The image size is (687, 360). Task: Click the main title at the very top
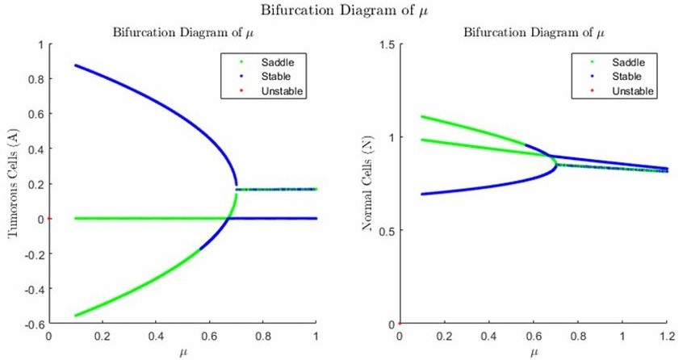(342, 11)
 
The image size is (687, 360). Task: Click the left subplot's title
(182, 33)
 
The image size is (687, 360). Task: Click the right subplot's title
(534, 33)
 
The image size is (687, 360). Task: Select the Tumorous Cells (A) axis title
(14, 184)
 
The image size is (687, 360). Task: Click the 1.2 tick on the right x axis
(666, 335)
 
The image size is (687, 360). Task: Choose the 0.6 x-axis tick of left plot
(209, 335)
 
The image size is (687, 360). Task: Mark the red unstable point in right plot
(400, 324)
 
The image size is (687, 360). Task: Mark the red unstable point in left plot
(50, 218)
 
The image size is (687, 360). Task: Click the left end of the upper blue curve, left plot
(76, 65)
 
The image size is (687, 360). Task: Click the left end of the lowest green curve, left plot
(76, 315)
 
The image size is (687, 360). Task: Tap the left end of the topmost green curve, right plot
(422, 116)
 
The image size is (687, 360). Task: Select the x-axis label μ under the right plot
(533, 353)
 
